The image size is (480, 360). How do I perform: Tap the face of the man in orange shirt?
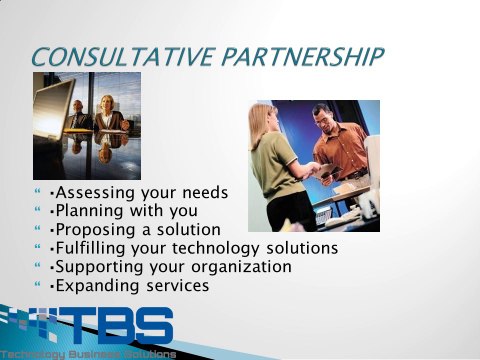click(323, 118)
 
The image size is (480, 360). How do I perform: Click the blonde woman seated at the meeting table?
click(107, 113)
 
